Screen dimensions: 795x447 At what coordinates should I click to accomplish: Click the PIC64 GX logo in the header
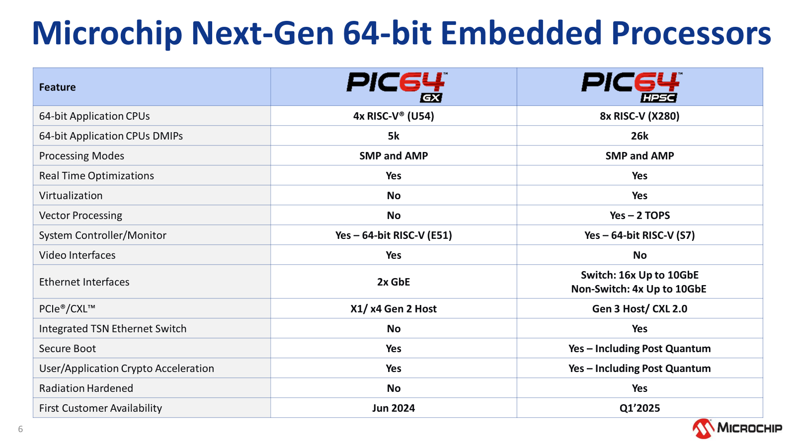click(396, 87)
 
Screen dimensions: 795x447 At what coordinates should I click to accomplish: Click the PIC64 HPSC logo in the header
click(632, 87)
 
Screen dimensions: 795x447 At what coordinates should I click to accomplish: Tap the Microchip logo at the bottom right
click(737, 428)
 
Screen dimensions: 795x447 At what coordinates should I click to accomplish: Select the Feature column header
click(57, 87)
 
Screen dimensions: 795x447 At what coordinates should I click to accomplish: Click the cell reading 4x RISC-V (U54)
click(393, 116)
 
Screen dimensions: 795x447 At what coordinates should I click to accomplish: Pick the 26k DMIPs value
click(639, 136)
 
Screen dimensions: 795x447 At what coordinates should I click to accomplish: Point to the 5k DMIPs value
click(393, 136)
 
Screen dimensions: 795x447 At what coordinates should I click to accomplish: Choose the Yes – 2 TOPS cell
click(639, 216)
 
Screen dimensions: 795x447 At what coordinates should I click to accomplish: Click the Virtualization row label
click(71, 196)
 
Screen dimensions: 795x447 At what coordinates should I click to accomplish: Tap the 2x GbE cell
click(393, 282)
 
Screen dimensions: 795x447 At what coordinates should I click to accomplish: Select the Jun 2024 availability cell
click(393, 408)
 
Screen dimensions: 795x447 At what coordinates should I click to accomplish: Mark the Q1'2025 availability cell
click(639, 408)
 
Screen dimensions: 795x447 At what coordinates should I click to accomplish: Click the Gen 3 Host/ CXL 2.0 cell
click(639, 308)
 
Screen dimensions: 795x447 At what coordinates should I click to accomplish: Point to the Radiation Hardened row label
click(86, 388)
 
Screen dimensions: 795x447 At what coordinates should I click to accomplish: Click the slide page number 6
click(20, 429)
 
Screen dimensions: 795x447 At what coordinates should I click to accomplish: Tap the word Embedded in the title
click(521, 33)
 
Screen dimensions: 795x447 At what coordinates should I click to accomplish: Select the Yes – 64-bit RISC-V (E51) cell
click(393, 235)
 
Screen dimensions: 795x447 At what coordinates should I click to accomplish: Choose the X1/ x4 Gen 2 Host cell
click(393, 308)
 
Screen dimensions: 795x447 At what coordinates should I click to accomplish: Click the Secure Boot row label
click(68, 348)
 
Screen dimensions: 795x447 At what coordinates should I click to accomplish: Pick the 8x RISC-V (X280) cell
click(639, 116)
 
